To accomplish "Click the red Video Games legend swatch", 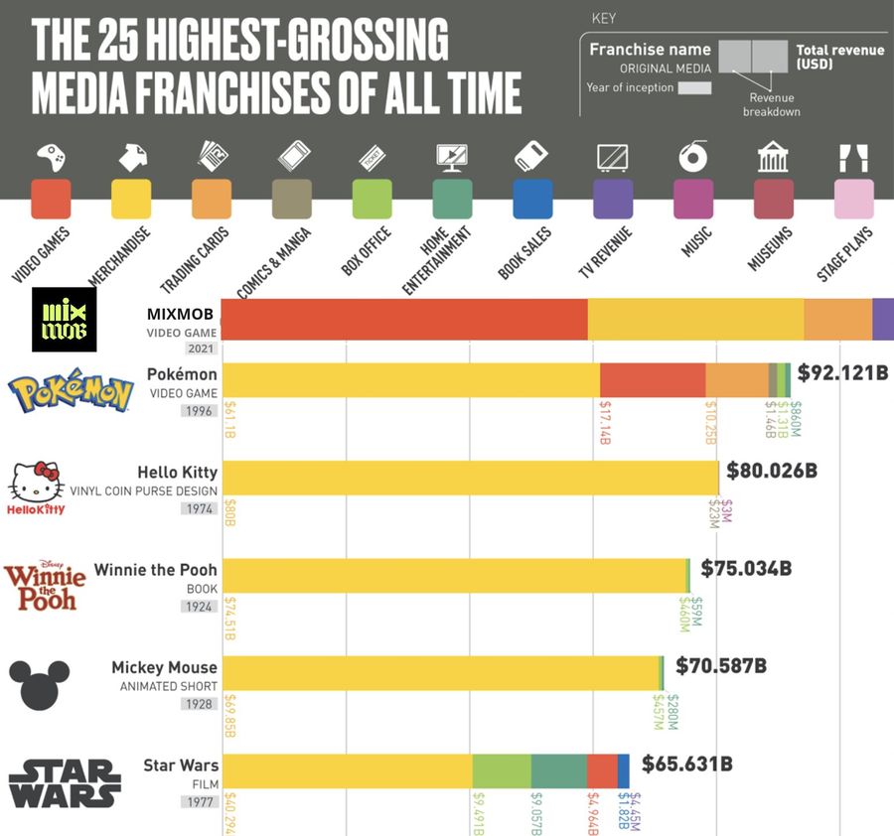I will coord(52,199).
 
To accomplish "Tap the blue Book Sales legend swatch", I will coord(532,199).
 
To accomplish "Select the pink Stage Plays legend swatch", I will coord(854,199).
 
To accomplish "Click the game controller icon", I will coord(52,156).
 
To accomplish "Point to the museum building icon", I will coord(773,156).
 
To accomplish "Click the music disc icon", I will coord(692,156).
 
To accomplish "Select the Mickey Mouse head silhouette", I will coord(39,684).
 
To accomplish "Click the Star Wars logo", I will coord(65,783).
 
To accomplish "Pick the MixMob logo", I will coord(66,320).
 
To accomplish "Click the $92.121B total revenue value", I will coord(842,373).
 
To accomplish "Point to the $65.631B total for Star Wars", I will coord(687,764).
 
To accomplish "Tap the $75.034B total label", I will coord(746,569).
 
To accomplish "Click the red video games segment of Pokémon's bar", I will coord(653,380).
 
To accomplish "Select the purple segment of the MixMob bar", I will coord(883,319).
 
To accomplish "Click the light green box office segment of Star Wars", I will coord(502,771).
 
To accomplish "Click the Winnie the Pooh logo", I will coord(45,586).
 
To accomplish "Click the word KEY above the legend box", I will coord(603,18).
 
